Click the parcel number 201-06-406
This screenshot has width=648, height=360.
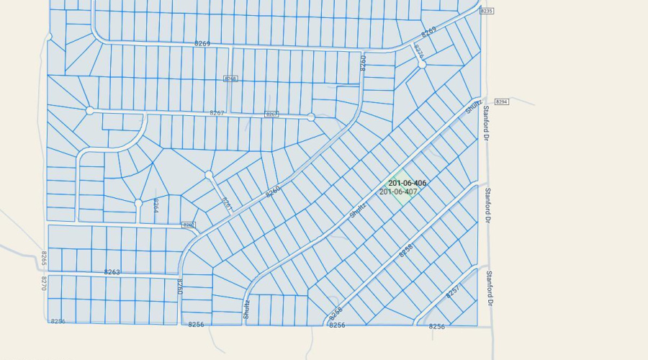pyautogui.click(x=407, y=184)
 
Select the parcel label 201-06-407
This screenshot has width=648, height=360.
pyautogui.click(x=398, y=192)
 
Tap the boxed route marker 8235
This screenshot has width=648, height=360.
pyautogui.click(x=487, y=11)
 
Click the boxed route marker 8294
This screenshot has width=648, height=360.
pyautogui.click(x=503, y=102)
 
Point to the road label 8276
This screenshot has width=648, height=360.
pyautogui.click(x=418, y=51)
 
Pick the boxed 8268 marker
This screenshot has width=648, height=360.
pyautogui.click(x=230, y=78)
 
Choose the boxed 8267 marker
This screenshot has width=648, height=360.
pyautogui.click(x=271, y=114)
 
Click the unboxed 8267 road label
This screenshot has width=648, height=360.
pyautogui.click(x=217, y=113)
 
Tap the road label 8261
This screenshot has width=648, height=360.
pyautogui.click(x=225, y=204)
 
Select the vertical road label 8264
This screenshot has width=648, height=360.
pyautogui.click(x=156, y=206)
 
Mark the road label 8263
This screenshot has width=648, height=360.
pyautogui.click(x=112, y=272)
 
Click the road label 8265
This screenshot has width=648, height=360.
pyautogui.click(x=44, y=258)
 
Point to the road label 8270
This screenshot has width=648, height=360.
pyautogui.click(x=43, y=283)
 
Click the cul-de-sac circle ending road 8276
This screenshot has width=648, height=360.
pyautogui.click(x=422, y=64)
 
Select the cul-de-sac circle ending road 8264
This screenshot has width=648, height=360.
pyautogui.click(x=138, y=204)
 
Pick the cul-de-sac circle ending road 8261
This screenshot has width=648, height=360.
pyautogui.click(x=209, y=175)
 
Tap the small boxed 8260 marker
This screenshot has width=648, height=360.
pyautogui.click(x=189, y=225)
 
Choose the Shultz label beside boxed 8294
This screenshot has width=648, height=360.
pyautogui.click(x=473, y=107)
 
